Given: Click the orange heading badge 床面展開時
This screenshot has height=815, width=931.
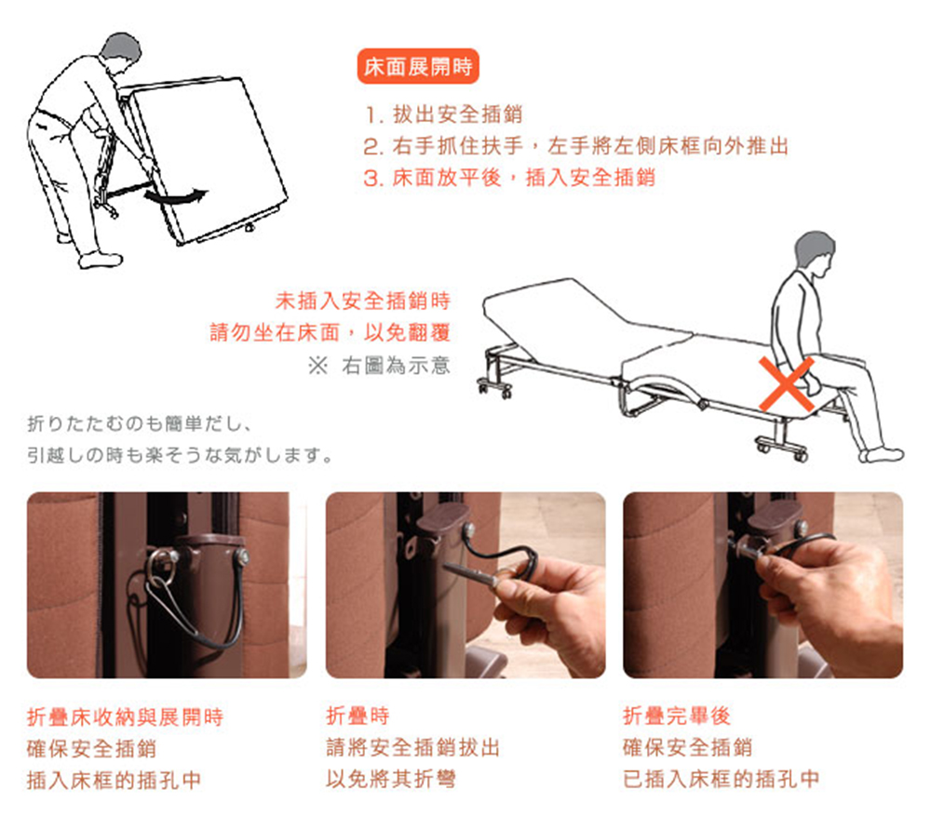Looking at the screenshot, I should point(418,68).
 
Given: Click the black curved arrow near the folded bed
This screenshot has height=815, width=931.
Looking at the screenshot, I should point(177,196).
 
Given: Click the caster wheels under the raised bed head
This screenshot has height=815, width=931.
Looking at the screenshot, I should point(494,387).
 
